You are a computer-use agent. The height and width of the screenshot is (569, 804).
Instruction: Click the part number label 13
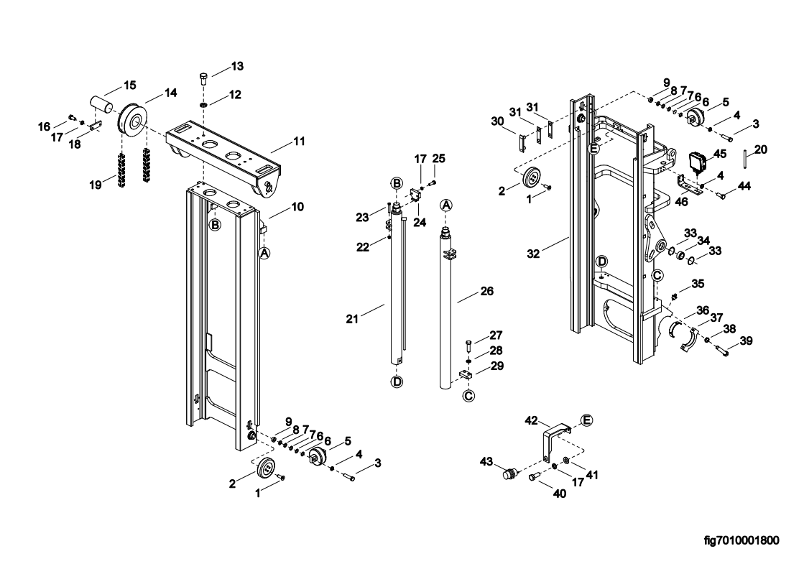[x=237, y=66]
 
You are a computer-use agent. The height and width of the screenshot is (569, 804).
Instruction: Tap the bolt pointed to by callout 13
[x=203, y=77]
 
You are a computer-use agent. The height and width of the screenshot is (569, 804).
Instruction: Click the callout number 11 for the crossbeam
[x=299, y=142]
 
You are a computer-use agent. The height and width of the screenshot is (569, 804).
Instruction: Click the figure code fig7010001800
[x=741, y=540]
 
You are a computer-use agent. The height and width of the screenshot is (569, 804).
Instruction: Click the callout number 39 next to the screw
[x=747, y=341]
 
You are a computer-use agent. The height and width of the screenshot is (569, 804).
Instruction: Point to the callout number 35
[x=697, y=284]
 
